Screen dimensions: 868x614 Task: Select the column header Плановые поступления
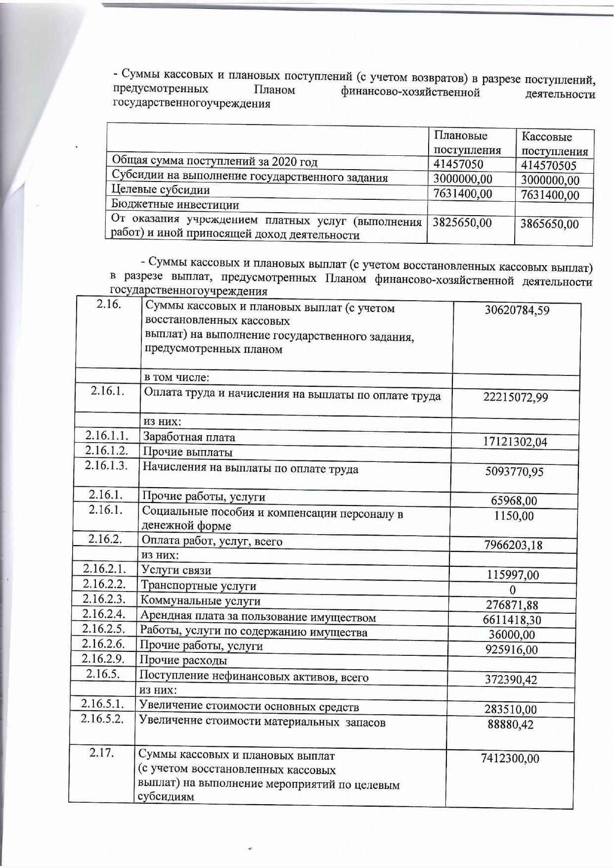click(x=467, y=143)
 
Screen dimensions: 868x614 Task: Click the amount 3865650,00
click(x=549, y=224)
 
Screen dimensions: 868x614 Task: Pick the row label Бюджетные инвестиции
click(x=175, y=205)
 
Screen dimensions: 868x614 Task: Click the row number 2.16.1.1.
click(x=107, y=436)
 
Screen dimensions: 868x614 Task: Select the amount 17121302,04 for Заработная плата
click(x=515, y=442)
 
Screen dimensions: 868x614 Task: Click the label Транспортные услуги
click(x=198, y=586)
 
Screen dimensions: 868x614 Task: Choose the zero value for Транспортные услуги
click(x=512, y=590)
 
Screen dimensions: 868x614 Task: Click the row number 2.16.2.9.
click(x=103, y=659)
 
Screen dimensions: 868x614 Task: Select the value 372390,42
click(x=511, y=680)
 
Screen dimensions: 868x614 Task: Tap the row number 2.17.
click(x=102, y=753)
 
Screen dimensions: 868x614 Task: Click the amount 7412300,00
click(x=510, y=758)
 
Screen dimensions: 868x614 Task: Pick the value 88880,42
click(x=510, y=725)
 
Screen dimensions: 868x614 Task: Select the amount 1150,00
click(x=514, y=516)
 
